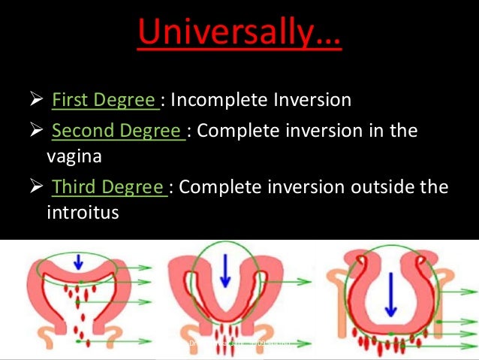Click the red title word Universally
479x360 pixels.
coord(239,32)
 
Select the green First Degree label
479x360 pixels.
coord(104,100)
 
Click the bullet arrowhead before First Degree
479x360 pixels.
coord(36,100)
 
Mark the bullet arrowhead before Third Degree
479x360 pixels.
coord(36,186)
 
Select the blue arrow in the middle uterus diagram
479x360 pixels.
coord(224,277)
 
